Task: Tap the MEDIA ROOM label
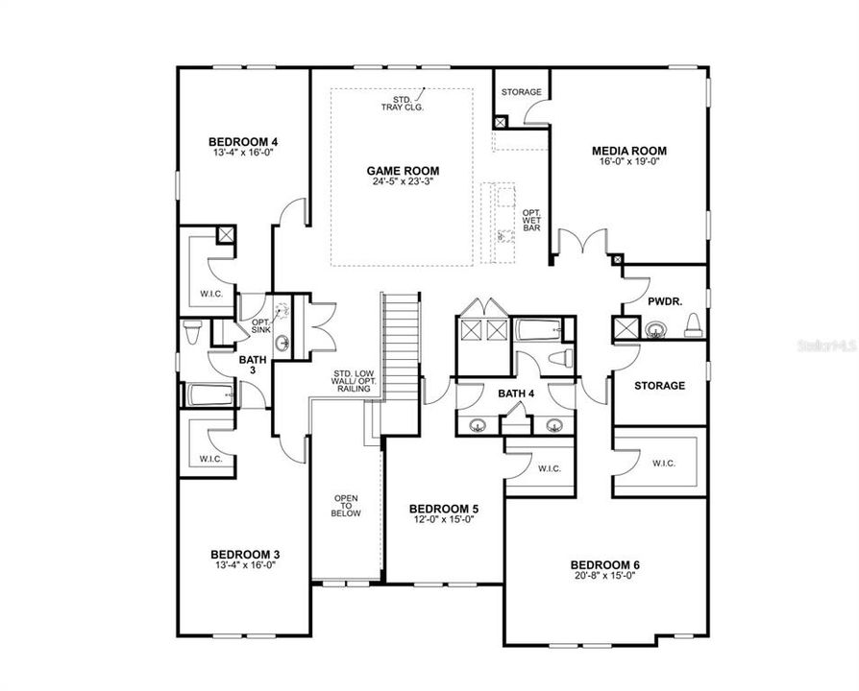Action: [628, 151]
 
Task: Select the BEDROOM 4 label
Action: [218, 140]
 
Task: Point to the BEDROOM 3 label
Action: [245, 554]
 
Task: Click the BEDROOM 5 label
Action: [443, 509]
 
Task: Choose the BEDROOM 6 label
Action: [603, 564]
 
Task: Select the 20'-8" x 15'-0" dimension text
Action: [603, 577]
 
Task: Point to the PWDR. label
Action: [664, 300]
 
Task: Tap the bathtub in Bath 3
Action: [209, 394]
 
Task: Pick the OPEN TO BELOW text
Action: [346, 506]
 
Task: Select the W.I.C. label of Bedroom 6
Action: [663, 464]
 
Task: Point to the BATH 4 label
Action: [516, 393]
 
